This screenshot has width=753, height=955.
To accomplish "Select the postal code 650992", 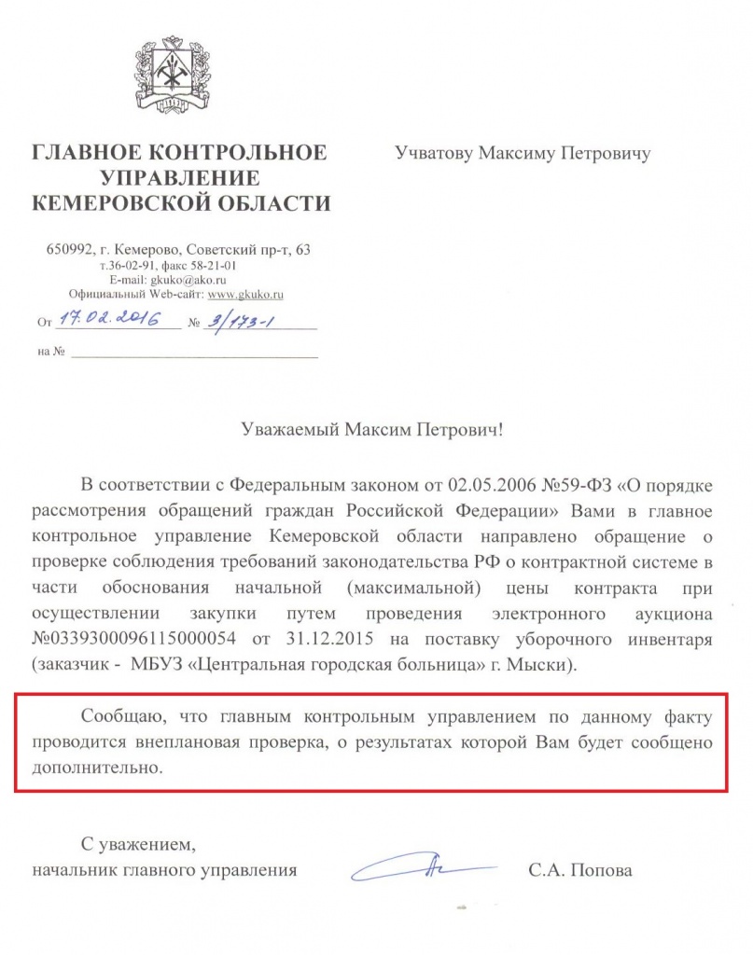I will (x=69, y=250).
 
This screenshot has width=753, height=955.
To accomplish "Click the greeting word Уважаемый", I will (x=292, y=431).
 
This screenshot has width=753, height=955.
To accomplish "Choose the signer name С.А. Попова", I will (x=579, y=871).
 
